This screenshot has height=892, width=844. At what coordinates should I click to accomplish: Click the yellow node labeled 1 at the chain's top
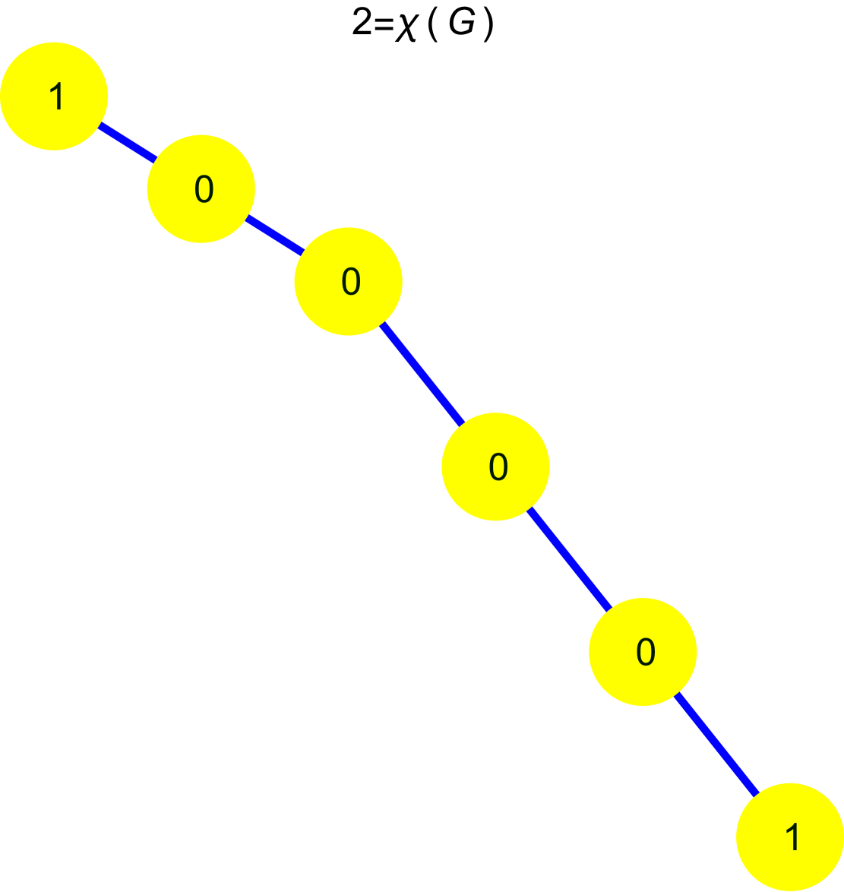pyautogui.click(x=54, y=96)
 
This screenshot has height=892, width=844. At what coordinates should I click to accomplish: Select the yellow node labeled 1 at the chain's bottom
pyautogui.click(x=790, y=837)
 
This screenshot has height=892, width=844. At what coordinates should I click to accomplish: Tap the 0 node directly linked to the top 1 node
pyautogui.click(x=201, y=189)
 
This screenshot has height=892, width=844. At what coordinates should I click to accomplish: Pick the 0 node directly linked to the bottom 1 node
pyautogui.click(x=643, y=651)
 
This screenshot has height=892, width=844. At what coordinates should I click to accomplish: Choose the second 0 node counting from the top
pyautogui.click(x=348, y=281)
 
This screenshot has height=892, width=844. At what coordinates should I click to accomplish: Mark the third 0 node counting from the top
pyautogui.click(x=495, y=467)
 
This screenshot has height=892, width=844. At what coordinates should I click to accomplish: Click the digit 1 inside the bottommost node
pyautogui.click(x=792, y=837)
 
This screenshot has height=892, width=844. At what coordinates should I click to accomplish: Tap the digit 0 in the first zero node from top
pyautogui.click(x=204, y=189)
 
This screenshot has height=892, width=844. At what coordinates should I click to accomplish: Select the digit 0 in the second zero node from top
pyautogui.click(x=351, y=282)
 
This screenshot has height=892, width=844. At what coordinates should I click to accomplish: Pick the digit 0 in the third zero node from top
pyautogui.click(x=498, y=467)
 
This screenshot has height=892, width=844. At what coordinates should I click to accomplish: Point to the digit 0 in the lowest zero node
pyautogui.click(x=646, y=652)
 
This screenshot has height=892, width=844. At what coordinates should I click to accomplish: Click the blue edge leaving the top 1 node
pyautogui.click(x=128, y=143)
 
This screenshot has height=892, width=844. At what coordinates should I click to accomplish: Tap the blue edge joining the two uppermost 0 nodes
pyautogui.click(x=274, y=236)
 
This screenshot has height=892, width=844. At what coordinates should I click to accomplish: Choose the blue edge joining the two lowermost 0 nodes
pyautogui.click(x=569, y=559)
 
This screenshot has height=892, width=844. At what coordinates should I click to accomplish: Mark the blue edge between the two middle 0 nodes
pyautogui.click(x=422, y=374)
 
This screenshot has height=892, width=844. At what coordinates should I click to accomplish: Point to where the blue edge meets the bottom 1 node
pyautogui.click(x=757, y=794)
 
